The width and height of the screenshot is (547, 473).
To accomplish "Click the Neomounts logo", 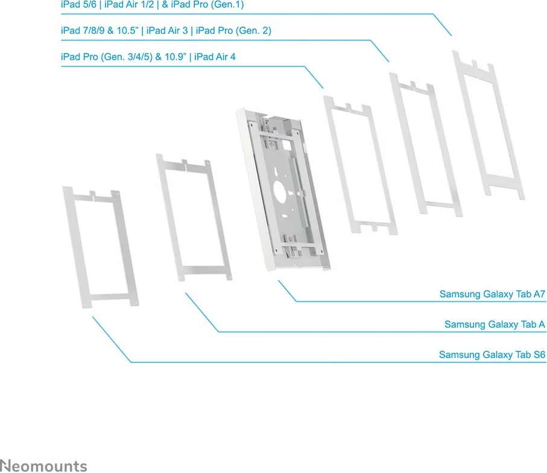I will [x=43, y=465].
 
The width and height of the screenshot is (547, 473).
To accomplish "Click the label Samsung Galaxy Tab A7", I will [x=492, y=294].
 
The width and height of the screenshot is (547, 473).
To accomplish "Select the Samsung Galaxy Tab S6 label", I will [x=492, y=355].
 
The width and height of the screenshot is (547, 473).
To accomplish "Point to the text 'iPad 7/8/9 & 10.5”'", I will [x=99, y=30].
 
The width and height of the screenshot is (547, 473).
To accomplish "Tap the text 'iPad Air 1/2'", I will [x=128, y=4].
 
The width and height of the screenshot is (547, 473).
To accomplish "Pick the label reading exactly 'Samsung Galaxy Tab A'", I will [x=495, y=325].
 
